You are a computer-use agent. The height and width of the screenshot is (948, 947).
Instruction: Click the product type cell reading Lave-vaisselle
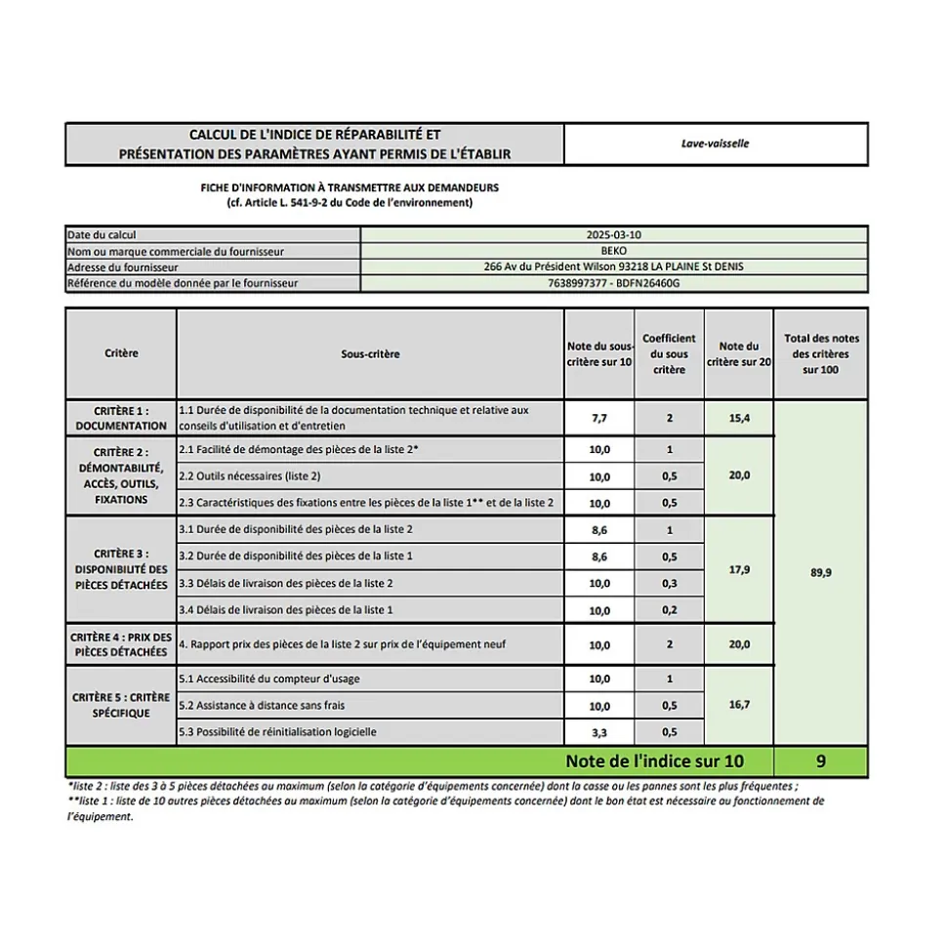[x=715, y=144]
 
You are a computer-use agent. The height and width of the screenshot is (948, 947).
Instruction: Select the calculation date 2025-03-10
[x=613, y=235]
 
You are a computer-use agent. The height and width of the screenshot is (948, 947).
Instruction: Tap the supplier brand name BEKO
[x=613, y=251]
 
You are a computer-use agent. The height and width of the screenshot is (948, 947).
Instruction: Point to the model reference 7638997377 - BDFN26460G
[x=613, y=283]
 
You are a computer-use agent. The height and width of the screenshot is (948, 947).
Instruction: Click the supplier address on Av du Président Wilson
[x=613, y=267]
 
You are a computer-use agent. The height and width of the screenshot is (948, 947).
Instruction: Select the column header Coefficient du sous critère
[x=669, y=353]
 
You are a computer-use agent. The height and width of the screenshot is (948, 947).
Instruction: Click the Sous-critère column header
[x=370, y=353]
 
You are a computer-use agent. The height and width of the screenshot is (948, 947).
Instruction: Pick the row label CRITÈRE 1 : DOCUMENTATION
[x=121, y=418]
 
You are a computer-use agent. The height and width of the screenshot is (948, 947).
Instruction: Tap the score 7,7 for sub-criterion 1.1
[x=598, y=418]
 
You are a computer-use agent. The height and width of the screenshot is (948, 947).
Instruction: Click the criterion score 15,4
[x=738, y=418]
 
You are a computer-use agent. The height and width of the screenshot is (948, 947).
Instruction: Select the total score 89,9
[x=820, y=572]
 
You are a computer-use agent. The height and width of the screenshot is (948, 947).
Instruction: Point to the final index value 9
[x=820, y=762]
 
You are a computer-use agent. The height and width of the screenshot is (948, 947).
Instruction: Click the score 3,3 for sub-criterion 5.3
[x=598, y=732]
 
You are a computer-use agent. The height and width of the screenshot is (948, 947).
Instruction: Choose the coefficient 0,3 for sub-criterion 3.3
[x=669, y=584]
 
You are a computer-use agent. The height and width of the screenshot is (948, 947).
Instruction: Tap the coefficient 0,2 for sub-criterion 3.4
[x=669, y=610]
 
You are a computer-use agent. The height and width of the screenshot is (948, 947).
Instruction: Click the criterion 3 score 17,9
[x=738, y=570]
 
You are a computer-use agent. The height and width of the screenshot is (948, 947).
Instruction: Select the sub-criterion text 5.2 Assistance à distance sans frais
[x=262, y=705]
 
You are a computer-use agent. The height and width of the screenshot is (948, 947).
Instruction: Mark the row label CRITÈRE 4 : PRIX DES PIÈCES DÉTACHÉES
[x=121, y=644]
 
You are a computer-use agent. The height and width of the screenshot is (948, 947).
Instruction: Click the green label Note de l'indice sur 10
[x=654, y=762]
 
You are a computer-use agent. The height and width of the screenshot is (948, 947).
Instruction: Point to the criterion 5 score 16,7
[x=738, y=704]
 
